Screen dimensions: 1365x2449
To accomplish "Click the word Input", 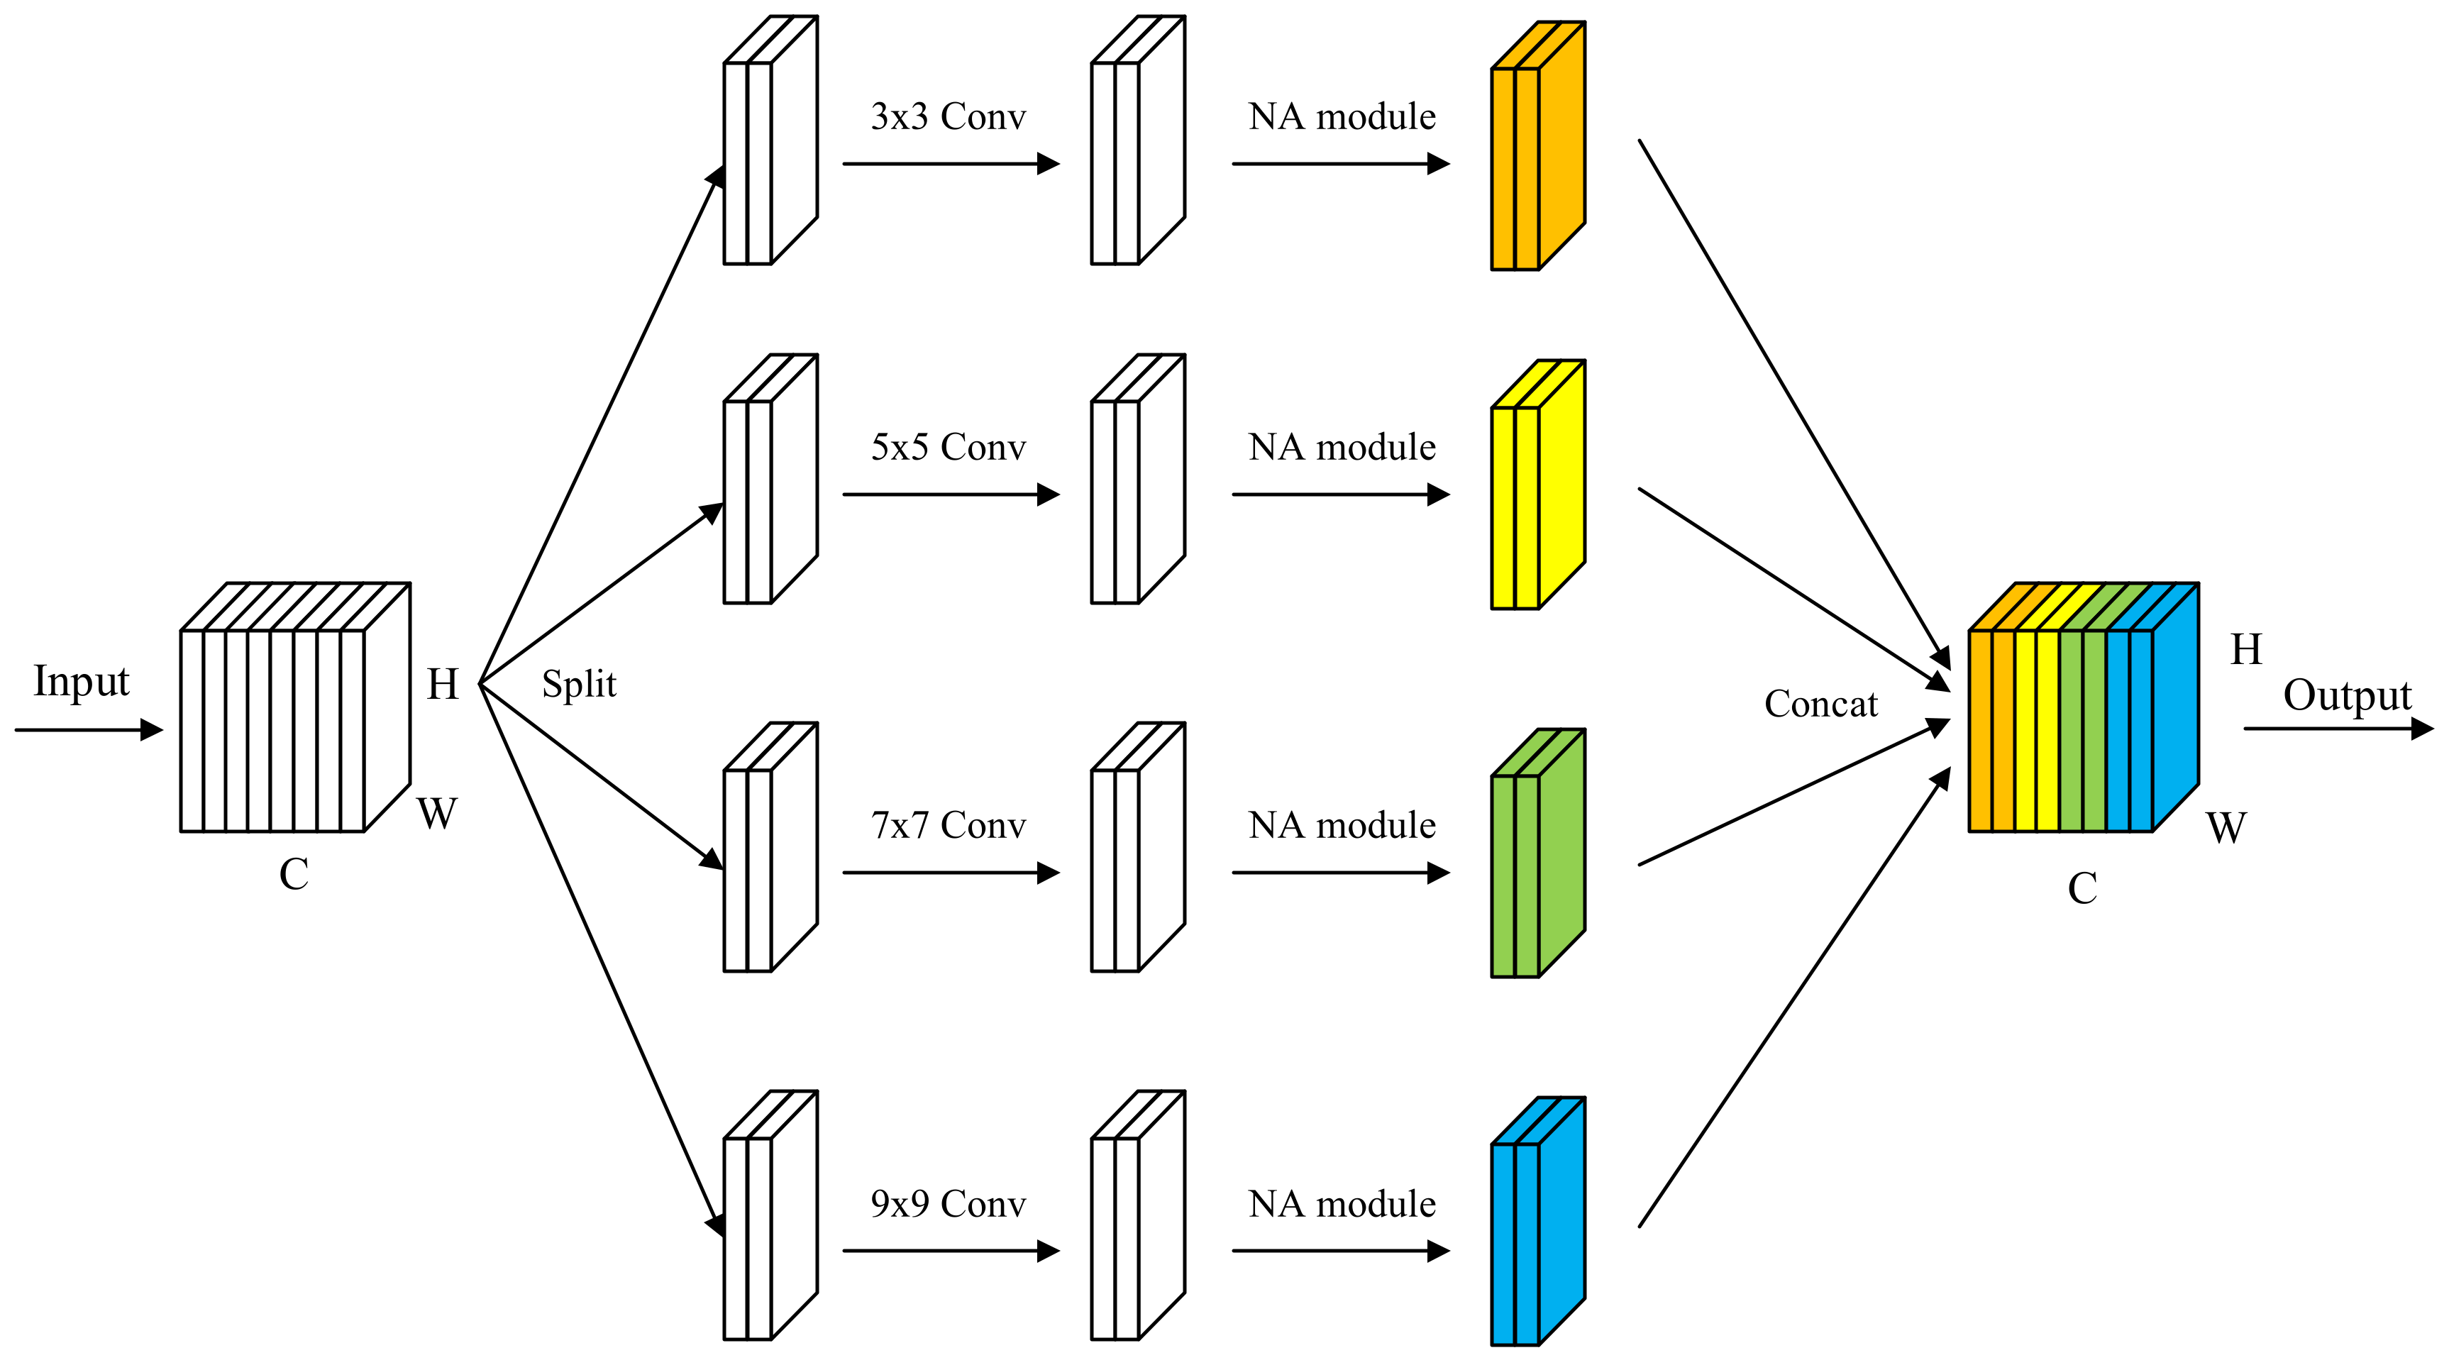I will tap(81, 682).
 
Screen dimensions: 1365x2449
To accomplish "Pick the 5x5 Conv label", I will tap(948, 448).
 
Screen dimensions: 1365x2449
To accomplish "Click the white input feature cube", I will tap(285, 713).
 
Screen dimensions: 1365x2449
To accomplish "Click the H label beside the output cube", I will tap(2245, 650).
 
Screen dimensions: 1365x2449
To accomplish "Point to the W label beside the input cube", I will tap(436, 814).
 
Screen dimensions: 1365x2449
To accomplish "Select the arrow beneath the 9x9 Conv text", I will tap(951, 1251).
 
